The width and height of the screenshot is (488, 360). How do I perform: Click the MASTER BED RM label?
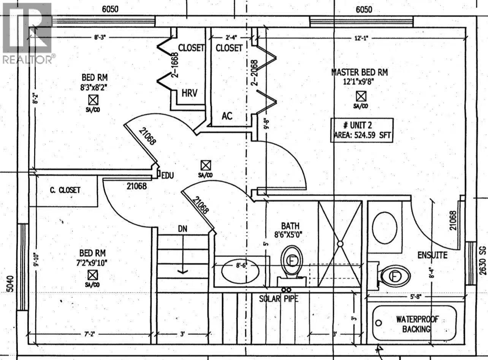(360, 72)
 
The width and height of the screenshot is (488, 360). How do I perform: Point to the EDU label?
(168, 176)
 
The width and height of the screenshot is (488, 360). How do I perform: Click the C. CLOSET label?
(65, 190)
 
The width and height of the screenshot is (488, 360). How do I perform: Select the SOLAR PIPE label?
(279, 299)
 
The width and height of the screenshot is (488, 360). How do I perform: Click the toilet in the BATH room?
(292, 261)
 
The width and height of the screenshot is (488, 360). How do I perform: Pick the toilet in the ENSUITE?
(395, 276)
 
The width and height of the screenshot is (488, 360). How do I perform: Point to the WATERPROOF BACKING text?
(417, 324)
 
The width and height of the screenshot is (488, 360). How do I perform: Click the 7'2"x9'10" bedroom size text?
(92, 262)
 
